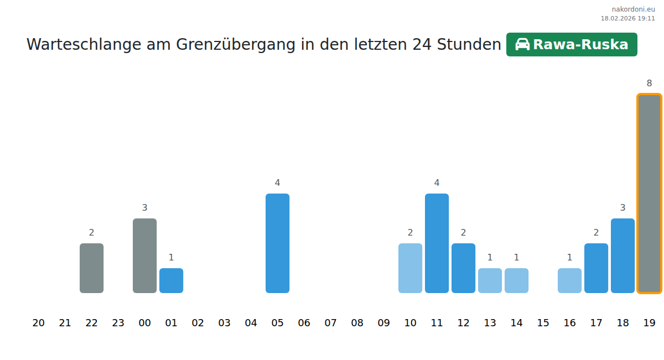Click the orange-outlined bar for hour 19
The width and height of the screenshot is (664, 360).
coord(649,194)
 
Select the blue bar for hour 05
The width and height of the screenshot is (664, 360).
coord(277,243)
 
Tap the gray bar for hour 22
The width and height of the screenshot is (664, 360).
coord(91,268)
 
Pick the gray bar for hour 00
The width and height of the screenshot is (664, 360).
coord(144,255)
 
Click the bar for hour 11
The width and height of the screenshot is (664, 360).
coord(437,243)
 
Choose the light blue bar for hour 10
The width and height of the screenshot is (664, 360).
coord(410,268)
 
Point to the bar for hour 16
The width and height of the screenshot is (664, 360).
coord(569,280)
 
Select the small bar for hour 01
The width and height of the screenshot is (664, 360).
coord(171,280)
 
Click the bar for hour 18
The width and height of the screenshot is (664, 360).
coord(622,255)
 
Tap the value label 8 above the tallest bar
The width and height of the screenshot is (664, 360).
coord(649,84)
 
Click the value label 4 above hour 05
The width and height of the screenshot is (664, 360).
coord(277,183)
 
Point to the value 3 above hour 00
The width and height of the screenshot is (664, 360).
coord(144,208)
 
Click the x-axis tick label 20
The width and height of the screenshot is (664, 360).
coord(38,323)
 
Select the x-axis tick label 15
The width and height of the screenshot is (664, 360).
coord(543,323)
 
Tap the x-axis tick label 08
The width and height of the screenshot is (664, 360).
coord(357,323)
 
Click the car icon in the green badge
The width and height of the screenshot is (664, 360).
coord(522,44)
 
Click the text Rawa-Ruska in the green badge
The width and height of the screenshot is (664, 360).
coord(580,45)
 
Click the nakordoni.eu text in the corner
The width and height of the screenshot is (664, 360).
coord(633,9)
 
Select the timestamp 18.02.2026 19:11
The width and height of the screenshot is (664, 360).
coord(627,18)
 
